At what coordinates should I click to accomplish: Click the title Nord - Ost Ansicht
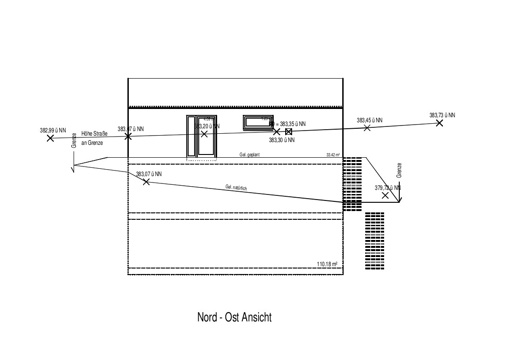coord(234,317)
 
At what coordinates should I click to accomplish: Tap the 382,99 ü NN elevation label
coord(53,131)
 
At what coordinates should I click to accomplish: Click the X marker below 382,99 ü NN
coord(50,137)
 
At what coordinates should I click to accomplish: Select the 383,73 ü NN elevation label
coord(442,115)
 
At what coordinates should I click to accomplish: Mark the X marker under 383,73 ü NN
coord(439,123)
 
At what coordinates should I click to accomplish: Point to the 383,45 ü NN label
coord(369,120)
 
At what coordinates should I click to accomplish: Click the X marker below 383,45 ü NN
coord(367,128)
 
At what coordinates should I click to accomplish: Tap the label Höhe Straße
coord(94,134)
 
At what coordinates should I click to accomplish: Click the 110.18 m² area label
coord(328,264)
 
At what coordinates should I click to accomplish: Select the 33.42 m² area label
coord(333,155)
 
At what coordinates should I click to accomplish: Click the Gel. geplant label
coord(249,155)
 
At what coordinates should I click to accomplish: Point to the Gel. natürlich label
coord(236,188)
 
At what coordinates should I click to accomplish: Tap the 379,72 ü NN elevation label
coord(387,188)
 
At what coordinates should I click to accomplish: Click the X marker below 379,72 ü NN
coord(385,195)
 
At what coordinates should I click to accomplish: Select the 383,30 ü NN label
coord(282,140)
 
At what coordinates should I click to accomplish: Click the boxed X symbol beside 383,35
coord(288,131)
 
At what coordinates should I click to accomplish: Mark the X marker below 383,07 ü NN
coord(146,182)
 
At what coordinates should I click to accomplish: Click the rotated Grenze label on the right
coord(399,171)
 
